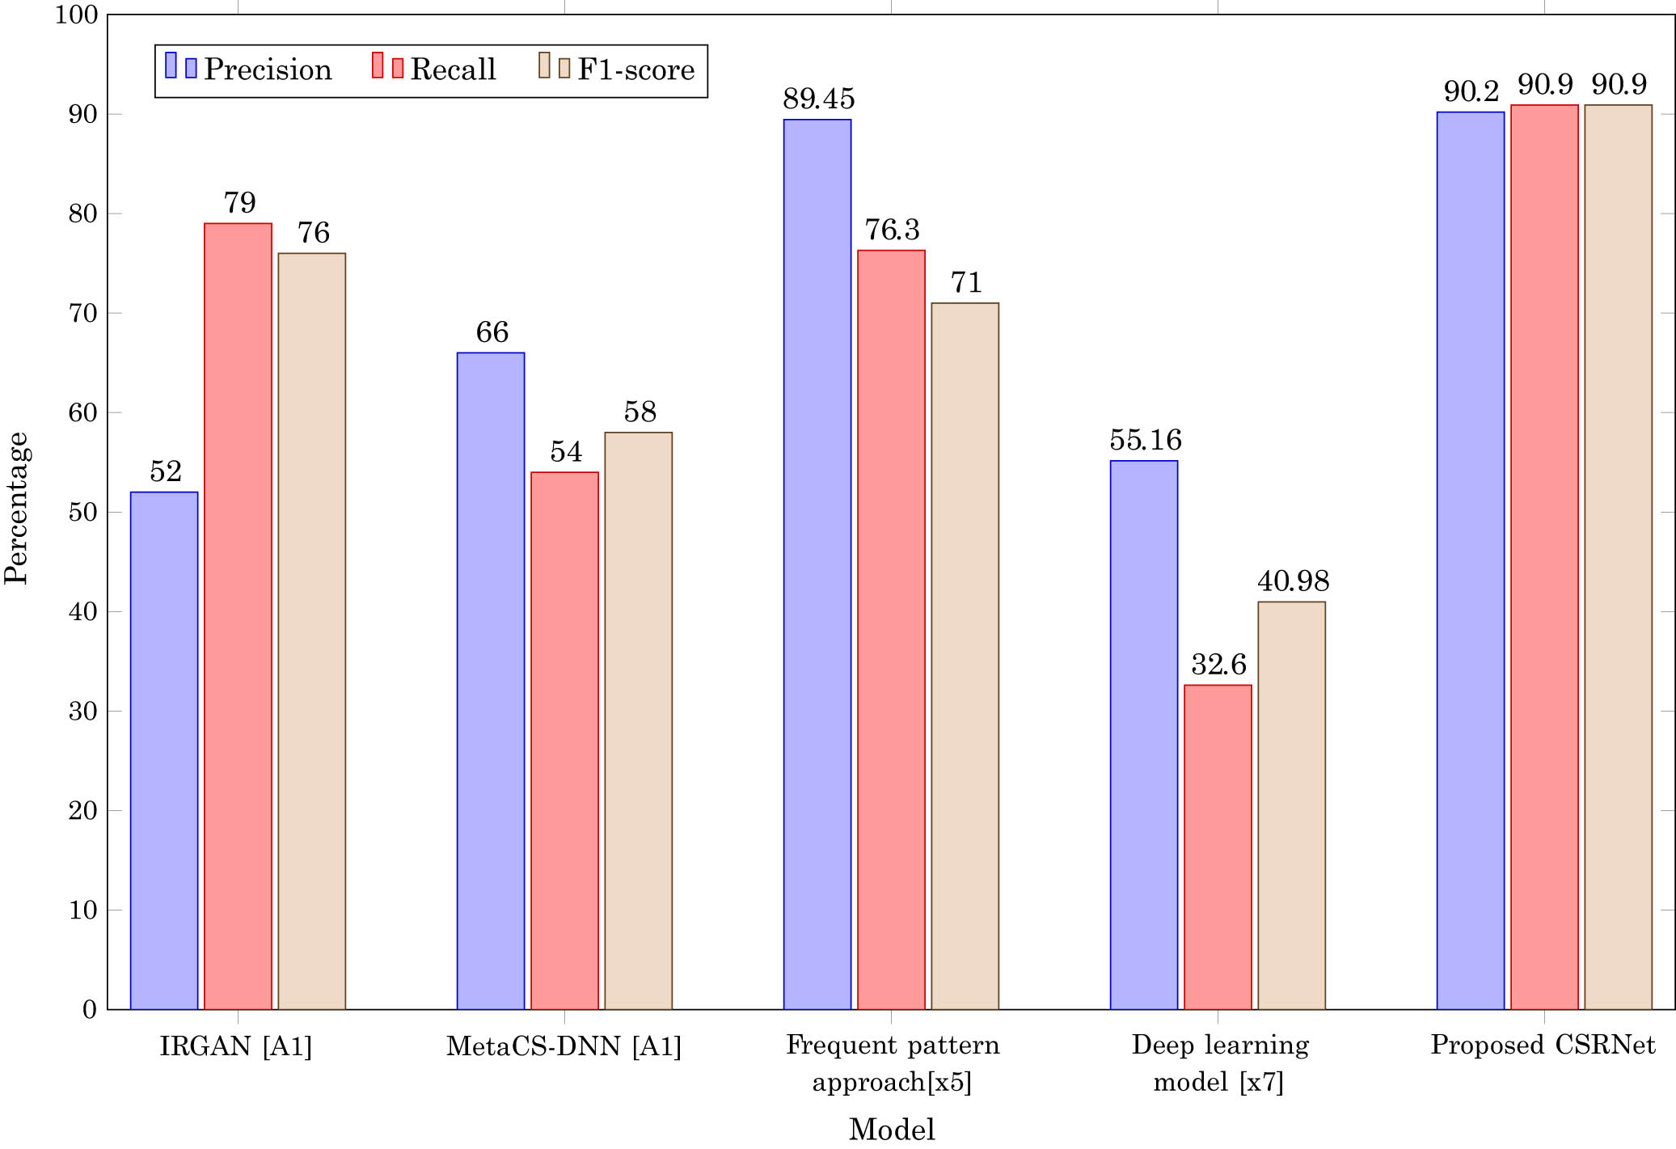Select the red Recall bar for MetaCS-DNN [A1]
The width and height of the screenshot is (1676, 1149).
point(564,740)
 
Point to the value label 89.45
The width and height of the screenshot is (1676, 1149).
point(818,99)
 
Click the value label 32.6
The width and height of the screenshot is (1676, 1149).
point(1218,665)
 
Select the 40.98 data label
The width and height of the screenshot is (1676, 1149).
point(1293,581)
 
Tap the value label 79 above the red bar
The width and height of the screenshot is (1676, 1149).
point(239,202)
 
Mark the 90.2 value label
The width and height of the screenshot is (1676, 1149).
point(1471,91)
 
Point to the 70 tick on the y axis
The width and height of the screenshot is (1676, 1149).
point(82,314)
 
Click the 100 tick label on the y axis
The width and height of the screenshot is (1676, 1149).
point(76,15)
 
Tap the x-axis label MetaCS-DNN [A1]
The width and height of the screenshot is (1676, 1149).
point(564,1046)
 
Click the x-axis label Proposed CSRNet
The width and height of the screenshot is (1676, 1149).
point(1543,1045)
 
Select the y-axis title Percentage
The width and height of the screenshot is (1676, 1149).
point(16,508)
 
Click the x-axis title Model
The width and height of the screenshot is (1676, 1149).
point(891,1129)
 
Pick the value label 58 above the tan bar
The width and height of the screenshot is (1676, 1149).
point(640,412)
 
